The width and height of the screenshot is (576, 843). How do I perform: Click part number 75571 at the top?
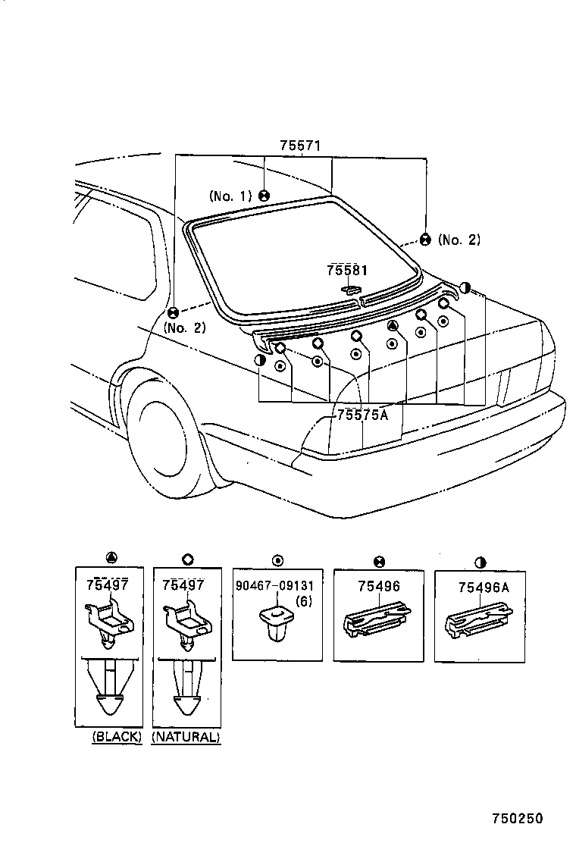pyautogui.click(x=301, y=146)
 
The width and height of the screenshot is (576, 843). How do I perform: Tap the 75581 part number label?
pyautogui.click(x=347, y=271)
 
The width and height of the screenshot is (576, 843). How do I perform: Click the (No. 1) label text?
pyautogui.click(x=231, y=196)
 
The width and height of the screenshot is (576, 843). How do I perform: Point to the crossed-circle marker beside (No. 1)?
pyautogui.click(x=264, y=196)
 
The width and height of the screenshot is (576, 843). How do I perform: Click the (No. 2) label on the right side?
pyautogui.click(x=459, y=240)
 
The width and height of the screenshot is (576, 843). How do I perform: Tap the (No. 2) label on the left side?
pyautogui.click(x=184, y=328)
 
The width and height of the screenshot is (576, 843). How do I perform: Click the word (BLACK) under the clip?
pyautogui.click(x=117, y=736)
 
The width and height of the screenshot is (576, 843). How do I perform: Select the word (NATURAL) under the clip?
pyautogui.click(x=186, y=736)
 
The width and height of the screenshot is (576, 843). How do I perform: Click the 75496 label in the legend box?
pyautogui.click(x=378, y=586)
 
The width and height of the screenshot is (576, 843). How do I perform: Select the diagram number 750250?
pyautogui.click(x=518, y=819)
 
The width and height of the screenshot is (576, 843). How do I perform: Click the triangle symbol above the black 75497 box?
pyautogui.click(x=111, y=559)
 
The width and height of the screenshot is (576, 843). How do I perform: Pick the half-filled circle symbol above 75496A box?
pyautogui.click(x=481, y=562)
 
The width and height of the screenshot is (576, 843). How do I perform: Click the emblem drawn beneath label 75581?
pyautogui.click(x=352, y=289)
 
